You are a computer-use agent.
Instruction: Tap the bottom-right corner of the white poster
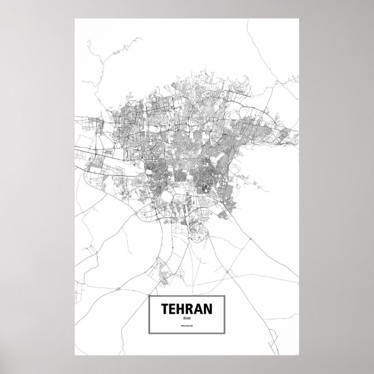coord(299,355)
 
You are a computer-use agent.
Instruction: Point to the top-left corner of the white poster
coord(75,19)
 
